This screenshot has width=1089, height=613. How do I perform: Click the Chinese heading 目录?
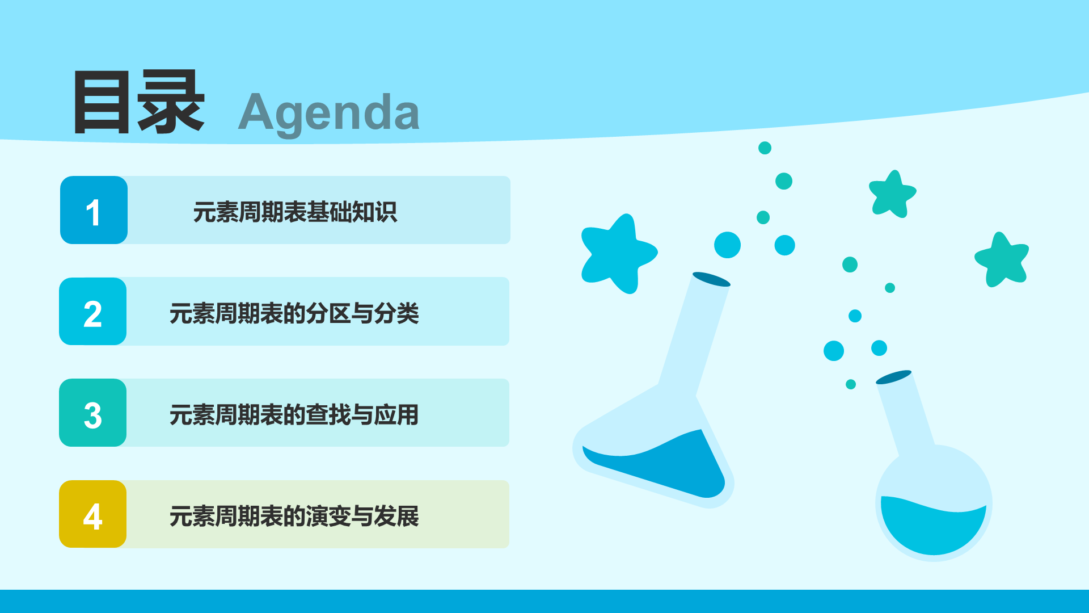point(139,102)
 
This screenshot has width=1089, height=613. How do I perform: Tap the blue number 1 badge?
point(94,210)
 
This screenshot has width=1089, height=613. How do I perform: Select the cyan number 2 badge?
point(93,311)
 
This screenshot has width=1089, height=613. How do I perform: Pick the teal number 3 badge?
point(93,413)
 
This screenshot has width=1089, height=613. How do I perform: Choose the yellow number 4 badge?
point(93,514)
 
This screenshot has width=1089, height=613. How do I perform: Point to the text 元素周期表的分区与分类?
point(294,313)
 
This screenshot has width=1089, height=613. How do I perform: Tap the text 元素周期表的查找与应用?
point(294,415)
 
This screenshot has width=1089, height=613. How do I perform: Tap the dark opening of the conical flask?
point(711,279)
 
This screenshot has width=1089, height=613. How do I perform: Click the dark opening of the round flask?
point(893,377)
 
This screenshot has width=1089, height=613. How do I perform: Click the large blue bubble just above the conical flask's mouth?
point(727,245)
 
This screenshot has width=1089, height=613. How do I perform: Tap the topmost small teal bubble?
point(765,148)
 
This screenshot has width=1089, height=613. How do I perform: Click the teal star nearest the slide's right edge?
point(1002,259)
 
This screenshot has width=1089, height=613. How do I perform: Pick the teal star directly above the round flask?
point(893,194)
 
